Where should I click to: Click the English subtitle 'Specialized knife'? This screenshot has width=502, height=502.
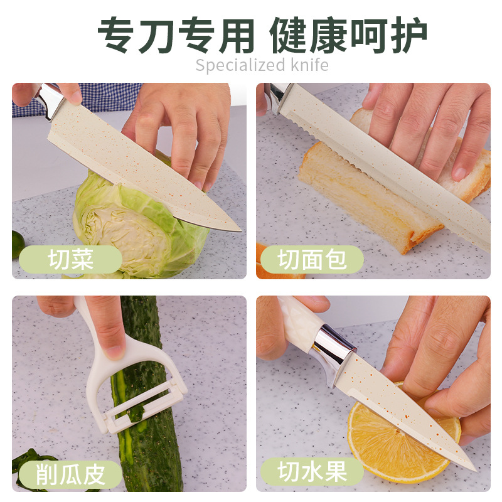(x=262, y=65)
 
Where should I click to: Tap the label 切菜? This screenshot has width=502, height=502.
(x=71, y=259)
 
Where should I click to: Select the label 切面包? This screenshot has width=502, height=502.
(x=312, y=259)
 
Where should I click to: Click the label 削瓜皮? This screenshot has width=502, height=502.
(x=70, y=474)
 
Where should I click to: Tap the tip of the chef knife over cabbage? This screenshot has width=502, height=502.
(x=240, y=230)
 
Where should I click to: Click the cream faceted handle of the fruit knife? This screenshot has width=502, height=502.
(x=299, y=323)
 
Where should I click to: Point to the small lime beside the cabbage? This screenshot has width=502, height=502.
(x=18, y=244)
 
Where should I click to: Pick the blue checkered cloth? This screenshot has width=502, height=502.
(x=77, y=99)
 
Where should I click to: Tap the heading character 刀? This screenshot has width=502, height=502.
(x=158, y=35)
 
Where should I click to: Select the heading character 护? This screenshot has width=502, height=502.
(x=409, y=35)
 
